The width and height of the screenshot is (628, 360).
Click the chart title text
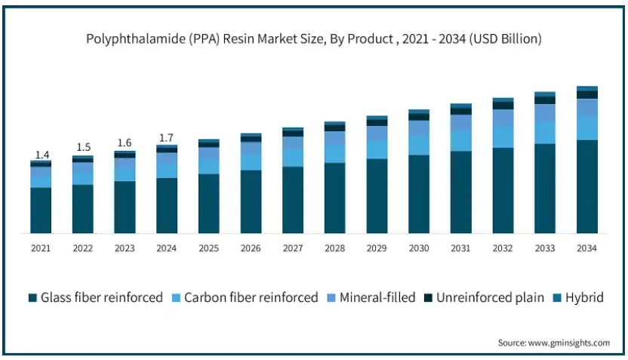pos(314,38)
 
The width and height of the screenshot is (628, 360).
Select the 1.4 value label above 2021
pos(42,155)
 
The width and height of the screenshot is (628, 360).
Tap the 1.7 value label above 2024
pos(166,138)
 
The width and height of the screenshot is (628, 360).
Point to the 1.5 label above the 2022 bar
pos(84,147)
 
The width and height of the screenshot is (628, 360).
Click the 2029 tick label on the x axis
pos(377,248)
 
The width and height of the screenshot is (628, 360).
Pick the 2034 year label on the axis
pos(586,248)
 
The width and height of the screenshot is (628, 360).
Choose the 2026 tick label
pos(251,248)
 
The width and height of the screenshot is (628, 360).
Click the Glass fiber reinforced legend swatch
pos(32,297)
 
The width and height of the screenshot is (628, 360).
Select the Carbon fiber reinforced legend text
pos(251,297)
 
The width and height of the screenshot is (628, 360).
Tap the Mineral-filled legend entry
pos(371,297)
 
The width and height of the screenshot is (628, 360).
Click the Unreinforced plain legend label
pos(490,297)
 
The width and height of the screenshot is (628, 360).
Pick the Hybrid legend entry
pos(578,297)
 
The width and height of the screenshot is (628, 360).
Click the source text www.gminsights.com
pos(569,343)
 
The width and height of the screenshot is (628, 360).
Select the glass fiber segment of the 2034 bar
pos(587,186)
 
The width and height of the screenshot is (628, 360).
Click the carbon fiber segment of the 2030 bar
pos(419,145)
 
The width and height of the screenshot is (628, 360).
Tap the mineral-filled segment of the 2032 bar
pos(503,118)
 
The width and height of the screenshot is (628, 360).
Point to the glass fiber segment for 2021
pos(41,211)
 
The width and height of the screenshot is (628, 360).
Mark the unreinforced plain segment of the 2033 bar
pos(545,100)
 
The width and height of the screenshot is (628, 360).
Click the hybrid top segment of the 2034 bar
pos(587,88)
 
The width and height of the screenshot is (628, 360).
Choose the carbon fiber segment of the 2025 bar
pos(208,166)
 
